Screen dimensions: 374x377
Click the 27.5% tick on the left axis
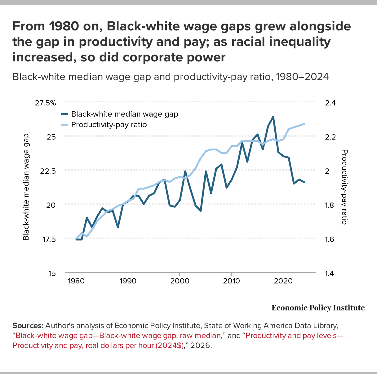click(x=45, y=103)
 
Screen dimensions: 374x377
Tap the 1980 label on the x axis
click(x=76, y=281)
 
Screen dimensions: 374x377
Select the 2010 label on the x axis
click(x=231, y=281)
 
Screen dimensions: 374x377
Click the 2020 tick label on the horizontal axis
click(x=283, y=281)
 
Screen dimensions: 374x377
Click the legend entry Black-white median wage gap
click(x=124, y=114)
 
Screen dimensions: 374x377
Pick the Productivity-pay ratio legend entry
click(x=109, y=125)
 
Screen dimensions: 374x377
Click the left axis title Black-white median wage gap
click(x=26, y=187)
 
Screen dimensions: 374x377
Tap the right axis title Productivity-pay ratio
click(x=344, y=187)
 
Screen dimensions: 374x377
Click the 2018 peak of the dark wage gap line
click(x=273, y=117)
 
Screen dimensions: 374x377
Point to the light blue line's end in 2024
click(x=304, y=124)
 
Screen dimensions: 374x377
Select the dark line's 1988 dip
click(x=118, y=227)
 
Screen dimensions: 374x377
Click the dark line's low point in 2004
click(x=201, y=211)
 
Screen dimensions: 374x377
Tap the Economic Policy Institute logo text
click(x=318, y=308)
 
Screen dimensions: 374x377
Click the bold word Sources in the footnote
click(x=28, y=326)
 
